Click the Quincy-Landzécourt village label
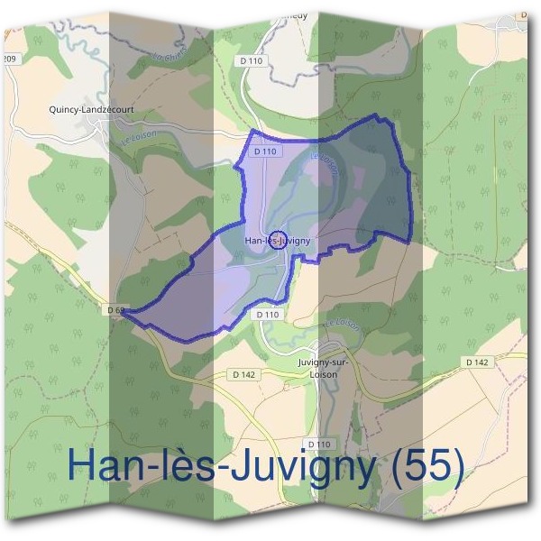click(93, 110)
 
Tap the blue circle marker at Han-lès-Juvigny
click(279, 239)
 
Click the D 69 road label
click(114, 311)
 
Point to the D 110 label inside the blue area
click(263, 152)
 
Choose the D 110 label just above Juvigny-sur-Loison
click(268, 315)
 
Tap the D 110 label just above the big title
click(319, 445)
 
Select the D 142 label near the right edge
click(477, 362)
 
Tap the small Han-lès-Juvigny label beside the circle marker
click(267, 241)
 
